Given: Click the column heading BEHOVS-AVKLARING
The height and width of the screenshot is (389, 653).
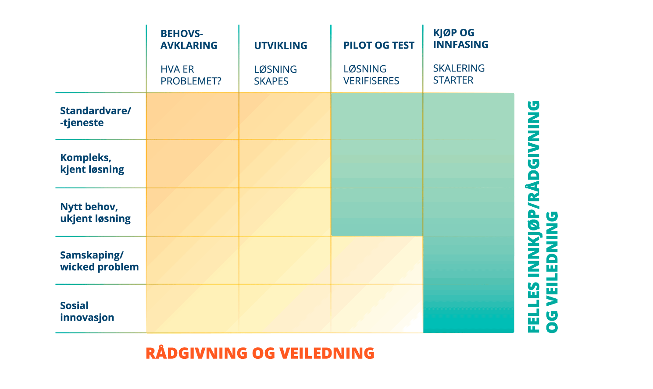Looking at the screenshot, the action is tap(189, 39).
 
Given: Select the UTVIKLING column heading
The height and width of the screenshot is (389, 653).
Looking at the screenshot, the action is tap(280, 46).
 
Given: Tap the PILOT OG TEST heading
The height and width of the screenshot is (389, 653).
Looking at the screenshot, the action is tap(378, 46).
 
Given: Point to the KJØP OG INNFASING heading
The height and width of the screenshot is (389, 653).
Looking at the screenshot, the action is tap(460, 39).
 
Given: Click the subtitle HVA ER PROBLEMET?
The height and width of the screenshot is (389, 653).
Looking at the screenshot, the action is tap(191, 75).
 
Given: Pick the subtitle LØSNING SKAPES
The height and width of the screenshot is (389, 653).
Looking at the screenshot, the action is tap(275, 75).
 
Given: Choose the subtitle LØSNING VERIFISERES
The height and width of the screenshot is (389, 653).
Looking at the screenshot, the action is tap(371, 75).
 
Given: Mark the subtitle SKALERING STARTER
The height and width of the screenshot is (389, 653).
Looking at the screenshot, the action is tap(459, 74).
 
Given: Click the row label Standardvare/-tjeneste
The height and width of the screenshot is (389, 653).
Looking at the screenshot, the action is tap(95, 117).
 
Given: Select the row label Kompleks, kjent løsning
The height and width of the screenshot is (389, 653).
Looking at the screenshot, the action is tap(92, 164).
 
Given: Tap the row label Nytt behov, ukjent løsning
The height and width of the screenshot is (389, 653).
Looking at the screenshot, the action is tap(95, 212).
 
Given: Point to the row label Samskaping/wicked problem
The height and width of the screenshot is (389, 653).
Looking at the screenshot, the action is tap(100, 261).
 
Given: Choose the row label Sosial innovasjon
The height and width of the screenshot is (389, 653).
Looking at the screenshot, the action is tap(87, 311).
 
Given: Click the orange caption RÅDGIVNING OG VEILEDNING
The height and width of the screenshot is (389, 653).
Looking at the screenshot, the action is tap(260, 353).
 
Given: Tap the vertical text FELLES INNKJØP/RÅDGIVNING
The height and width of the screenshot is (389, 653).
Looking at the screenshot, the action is tap(534, 216).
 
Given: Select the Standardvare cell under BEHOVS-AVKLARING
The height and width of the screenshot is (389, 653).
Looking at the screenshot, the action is tap(193, 116).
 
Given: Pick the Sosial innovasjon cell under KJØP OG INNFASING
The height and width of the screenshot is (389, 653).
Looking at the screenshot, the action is tap(468, 309).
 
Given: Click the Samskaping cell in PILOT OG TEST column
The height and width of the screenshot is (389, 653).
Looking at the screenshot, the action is tap(377, 260).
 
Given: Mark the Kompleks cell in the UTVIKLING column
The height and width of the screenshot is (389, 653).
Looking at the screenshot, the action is tap(285, 164).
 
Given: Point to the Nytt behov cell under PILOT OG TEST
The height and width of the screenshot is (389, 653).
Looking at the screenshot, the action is tap(377, 212).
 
